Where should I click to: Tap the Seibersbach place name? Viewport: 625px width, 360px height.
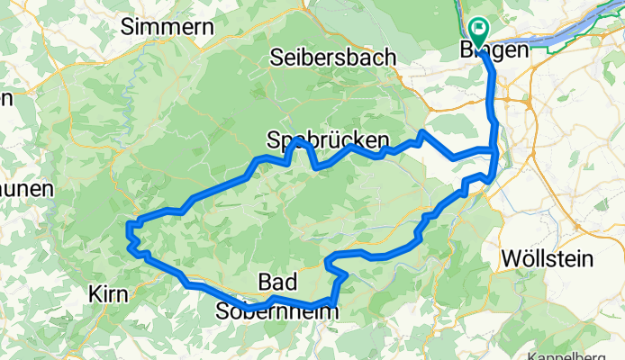[333, 57]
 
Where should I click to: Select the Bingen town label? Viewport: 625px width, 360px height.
[494, 51]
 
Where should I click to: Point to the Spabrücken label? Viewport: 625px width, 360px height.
[329, 140]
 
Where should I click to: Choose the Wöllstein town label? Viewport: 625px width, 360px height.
[547, 259]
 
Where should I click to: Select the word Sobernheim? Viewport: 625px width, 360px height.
[277, 310]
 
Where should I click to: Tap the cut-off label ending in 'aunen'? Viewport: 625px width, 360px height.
[26, 190]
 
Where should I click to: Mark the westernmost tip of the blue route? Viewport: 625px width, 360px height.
[128, 236]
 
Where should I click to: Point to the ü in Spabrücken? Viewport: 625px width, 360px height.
[342, 140]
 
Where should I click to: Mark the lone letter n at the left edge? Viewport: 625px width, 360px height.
[5, 97]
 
